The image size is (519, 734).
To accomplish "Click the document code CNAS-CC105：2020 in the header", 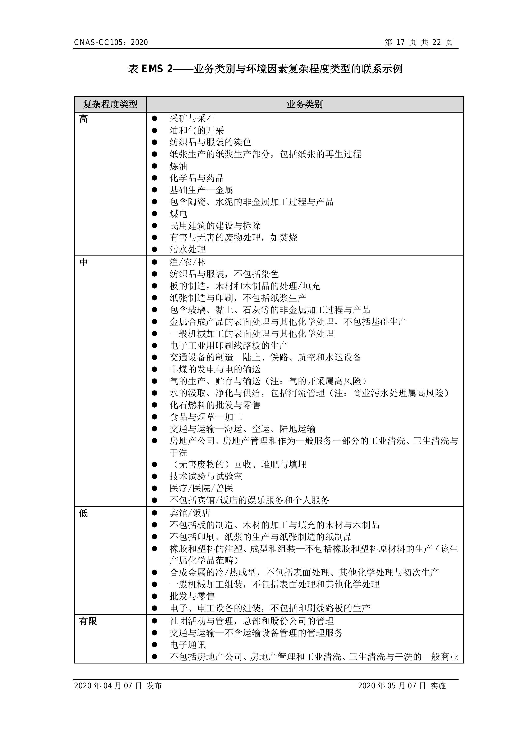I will (111, 42).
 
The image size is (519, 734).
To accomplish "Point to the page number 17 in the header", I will (400, 42).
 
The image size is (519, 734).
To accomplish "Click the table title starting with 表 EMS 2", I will (265, 69).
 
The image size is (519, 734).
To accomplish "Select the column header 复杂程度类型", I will (110, 104).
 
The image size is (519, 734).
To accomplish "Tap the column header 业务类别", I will (305, 104).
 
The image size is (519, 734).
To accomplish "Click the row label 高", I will (83, 119).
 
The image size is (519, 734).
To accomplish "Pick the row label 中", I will (83, 262).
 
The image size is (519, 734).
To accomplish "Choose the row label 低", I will (83, 513).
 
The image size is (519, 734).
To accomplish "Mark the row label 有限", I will (88, 621).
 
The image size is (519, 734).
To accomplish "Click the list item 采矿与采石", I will (192, 119).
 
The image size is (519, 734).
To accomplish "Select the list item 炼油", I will (178, 166).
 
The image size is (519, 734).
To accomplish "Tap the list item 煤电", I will (178, 214).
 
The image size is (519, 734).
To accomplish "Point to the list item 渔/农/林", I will (188, 262).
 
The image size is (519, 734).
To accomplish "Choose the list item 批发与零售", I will (192, 596).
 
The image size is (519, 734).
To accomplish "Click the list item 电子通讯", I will (188, 645).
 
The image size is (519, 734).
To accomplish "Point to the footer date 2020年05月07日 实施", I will (401, 685).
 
